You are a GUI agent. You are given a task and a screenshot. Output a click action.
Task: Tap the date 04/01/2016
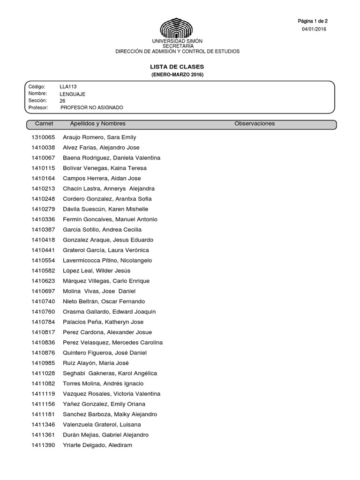click(x=314, y=29)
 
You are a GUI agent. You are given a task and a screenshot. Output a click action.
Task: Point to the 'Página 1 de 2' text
click(x=313, y=21)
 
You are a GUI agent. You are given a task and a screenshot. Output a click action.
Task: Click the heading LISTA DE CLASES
click(x=177, y=67)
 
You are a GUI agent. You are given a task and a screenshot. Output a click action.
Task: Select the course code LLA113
click(x=68, y=87)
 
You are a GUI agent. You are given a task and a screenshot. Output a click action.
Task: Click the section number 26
click(x=63, y=101)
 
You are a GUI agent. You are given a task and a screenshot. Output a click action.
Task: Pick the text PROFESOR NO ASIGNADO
click(x=92, y=107)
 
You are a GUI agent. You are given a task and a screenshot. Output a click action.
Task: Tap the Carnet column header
click(x=45, y=124)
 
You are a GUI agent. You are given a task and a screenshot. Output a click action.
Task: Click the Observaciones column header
click(x=255, y=124)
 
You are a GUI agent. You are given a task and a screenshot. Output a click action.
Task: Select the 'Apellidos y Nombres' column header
click(x=97, y=124)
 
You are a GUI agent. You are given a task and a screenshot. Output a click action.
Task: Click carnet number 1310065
click(x=43, y=137)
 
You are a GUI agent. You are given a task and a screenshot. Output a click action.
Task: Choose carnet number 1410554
click(x=43, y=260)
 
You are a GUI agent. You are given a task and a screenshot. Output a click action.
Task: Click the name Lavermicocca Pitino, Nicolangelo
click(x=107, y=260)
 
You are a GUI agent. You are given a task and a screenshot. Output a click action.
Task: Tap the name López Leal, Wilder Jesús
click(x=97, y=270)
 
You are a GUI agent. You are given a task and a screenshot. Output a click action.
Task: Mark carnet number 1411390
click(x=43, y=445)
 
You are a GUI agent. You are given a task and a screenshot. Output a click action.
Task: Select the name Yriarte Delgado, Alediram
click(x=97, y=445)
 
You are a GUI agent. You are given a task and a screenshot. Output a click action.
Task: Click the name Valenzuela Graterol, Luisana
click(x=102, y=424)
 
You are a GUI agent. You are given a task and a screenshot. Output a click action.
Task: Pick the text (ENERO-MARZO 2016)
click(x=177, y=75)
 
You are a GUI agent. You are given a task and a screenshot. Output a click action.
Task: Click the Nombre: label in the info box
click(x=38, y=94)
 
